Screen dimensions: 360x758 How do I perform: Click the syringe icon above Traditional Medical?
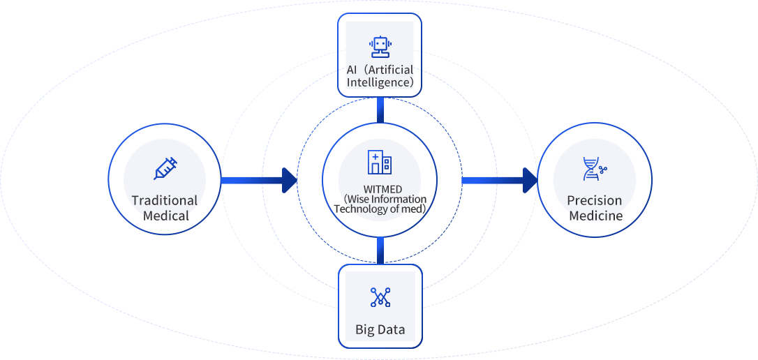[x=165, y=169]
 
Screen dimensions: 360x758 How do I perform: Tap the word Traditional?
[x=165, y=201]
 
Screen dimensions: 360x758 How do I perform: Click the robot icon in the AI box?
[x=380, y=47]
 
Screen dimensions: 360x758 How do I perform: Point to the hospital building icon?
[x=380, y=162]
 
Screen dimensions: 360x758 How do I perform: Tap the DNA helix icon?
[x=594, y=169]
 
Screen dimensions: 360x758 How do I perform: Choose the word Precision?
[x=594, y=201]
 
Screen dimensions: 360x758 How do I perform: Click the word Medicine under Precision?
[x=595, y=216]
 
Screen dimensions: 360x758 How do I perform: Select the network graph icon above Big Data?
[x=380, y=297]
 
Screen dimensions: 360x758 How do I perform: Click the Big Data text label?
[x=380, y=329]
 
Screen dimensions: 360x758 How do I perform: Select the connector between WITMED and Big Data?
[x=380, y=249]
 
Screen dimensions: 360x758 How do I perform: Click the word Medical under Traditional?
[x=165, y=216]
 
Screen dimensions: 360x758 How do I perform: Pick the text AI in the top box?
[x=352, y=70]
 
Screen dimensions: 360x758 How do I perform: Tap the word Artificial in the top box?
[x=391, y=70]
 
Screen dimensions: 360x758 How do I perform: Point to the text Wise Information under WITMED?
[x=385, y=199]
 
